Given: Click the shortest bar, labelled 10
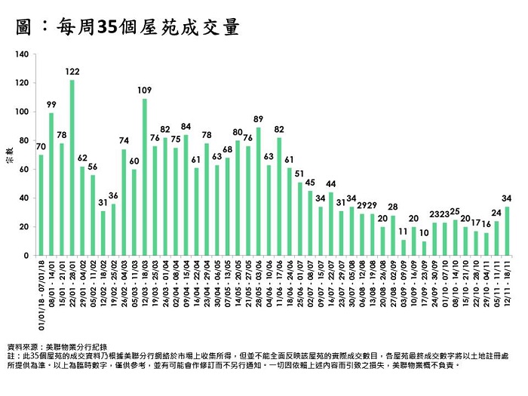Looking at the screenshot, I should tap(424, 248).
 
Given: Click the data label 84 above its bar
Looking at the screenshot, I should tap(186, 126).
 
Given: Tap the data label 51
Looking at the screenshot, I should tap(299, 173).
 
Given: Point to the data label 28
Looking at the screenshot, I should tap(392, 207).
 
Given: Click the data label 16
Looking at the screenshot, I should tap(487, 224).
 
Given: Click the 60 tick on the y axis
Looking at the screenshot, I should tap(25, 169).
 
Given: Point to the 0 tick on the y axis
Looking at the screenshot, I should tap(27, 256).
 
